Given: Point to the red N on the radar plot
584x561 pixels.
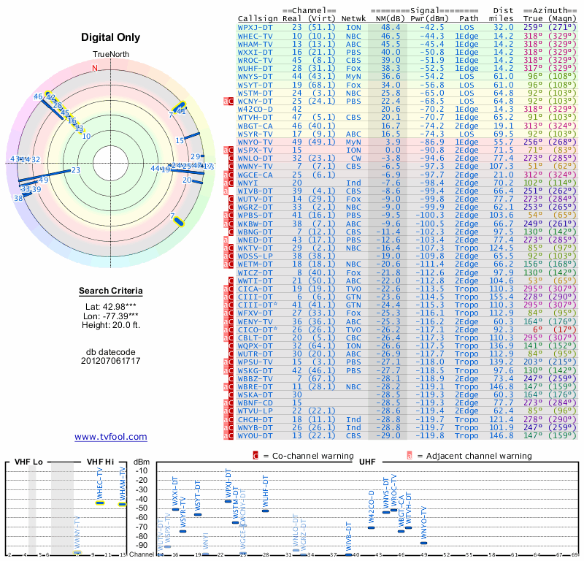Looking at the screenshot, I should (x=94, y=69).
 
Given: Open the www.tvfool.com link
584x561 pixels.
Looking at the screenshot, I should (x=111, y=437).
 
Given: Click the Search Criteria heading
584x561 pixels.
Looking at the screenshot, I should (x=111, y=291).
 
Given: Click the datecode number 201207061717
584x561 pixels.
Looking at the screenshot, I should (x=111, y=361).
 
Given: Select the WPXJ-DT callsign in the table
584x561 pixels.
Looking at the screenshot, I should (x=255, y=26).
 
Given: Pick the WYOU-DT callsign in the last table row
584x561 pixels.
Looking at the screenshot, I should (x=255, y=435).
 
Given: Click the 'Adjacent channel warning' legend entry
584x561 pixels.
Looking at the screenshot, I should (x=473, y=456).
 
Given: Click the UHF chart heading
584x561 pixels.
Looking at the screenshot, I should (x=367, y=462).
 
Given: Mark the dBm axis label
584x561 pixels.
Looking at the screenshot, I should (x=140, y=462).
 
